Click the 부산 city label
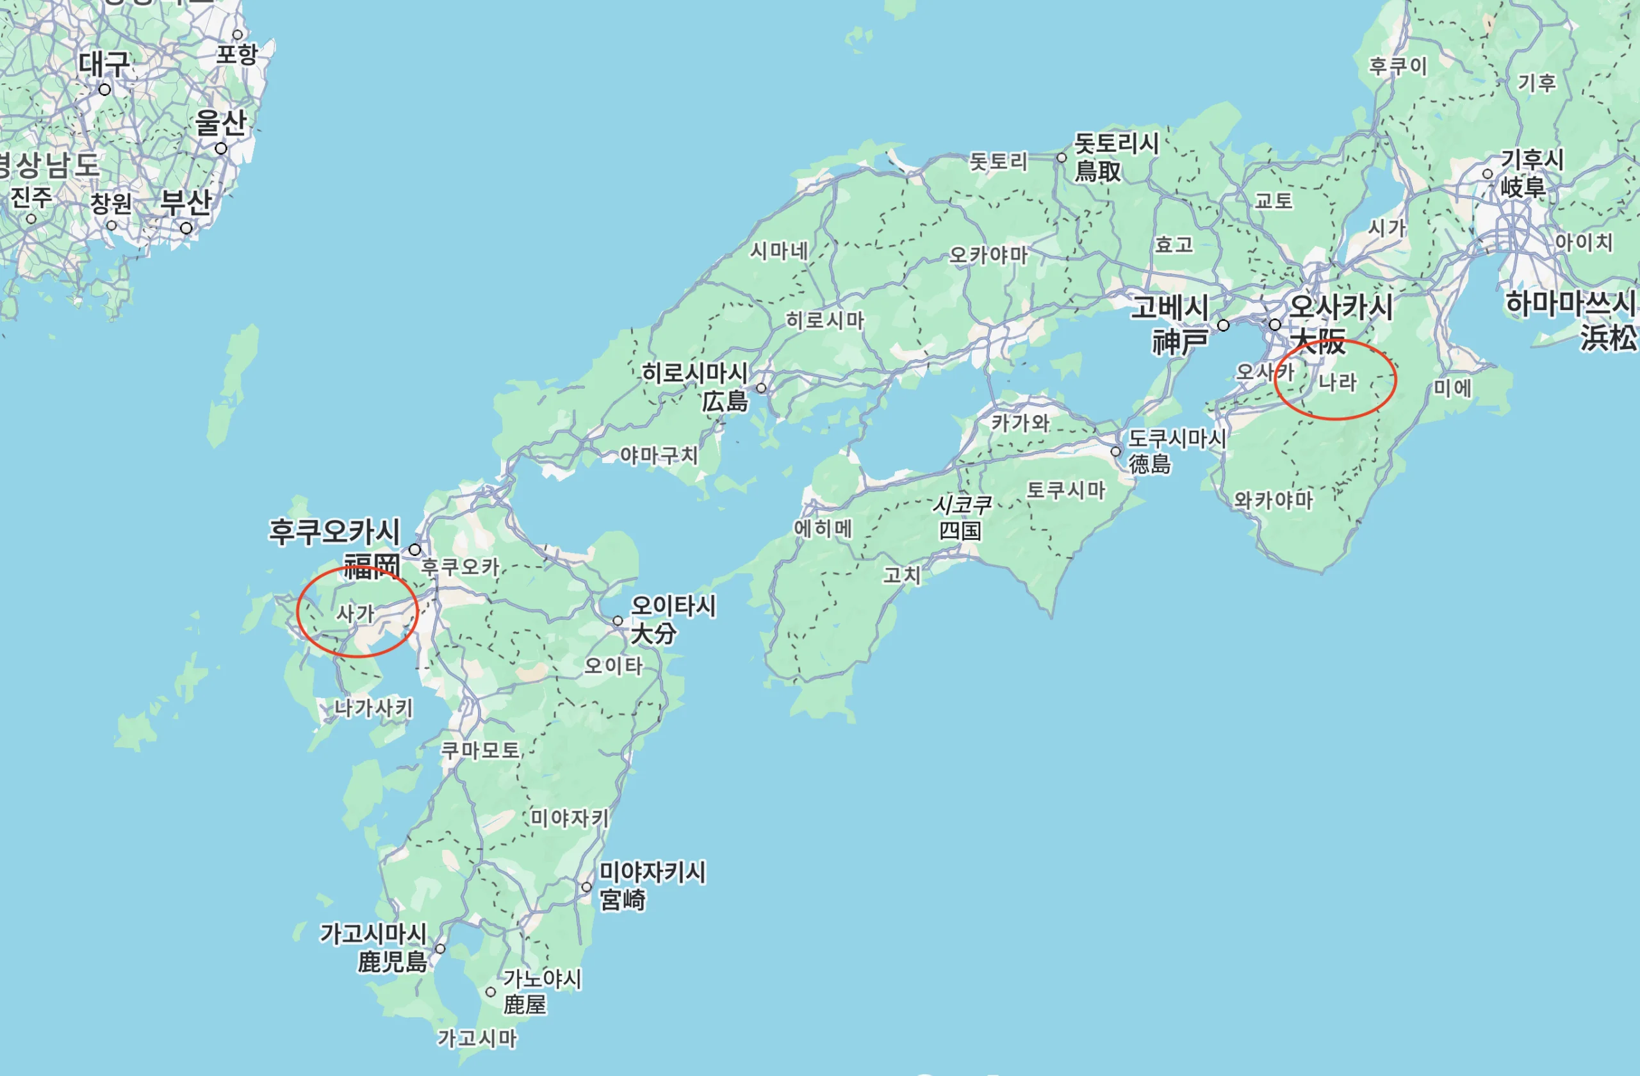click(186, 202)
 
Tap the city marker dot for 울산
click(220, 149)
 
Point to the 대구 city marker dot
click(104, 90)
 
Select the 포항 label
click(236, 54)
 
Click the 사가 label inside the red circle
click(355, 613)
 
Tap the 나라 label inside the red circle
click(1337, 382)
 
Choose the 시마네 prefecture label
click(778, 250)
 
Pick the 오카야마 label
click(988, 256)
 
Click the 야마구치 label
click(659, 455)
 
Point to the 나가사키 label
click(373, 708)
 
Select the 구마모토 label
click(480, 749)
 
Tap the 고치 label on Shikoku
click(901, 575)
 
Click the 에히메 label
click(823, 528)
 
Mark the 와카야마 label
click(1274, 500)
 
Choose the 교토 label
click(1273, 201)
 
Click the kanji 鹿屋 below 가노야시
click(525, 1005)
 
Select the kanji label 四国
click(960, 530)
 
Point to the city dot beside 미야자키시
click(586, 887)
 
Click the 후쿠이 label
click(1398, 66)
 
